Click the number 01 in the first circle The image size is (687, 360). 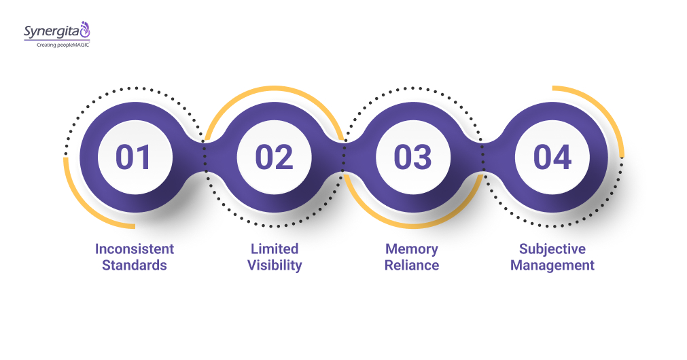pyautogui.click(x=134, y=157)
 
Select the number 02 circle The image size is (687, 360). pyautogui.click(x=274, y=157)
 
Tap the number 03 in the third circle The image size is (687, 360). pyautogui.click(x=412, y=157)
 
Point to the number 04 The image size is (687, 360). pyautogui.click(x=552, y=157)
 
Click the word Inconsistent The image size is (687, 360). pyautogui.click(x=135, y=249)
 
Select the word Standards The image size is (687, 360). pyautogui.click(x=135, y=265)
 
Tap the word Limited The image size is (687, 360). pyautogui.click(x=275, y=249)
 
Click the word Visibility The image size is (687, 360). pyautogui.click(x=275, y=265)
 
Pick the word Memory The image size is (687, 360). pyautogui.click(x=412, y=249)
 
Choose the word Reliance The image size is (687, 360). pyautogui.click(x=412, y=265)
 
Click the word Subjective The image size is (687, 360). pyautogui.click(x=552, y=249)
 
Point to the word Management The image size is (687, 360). pyautogui.click(x=552, y=265)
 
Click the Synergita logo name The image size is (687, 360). pyautogui.click(x=50, y=31)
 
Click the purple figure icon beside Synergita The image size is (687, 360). pyautogui.click(x=85, y=29)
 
